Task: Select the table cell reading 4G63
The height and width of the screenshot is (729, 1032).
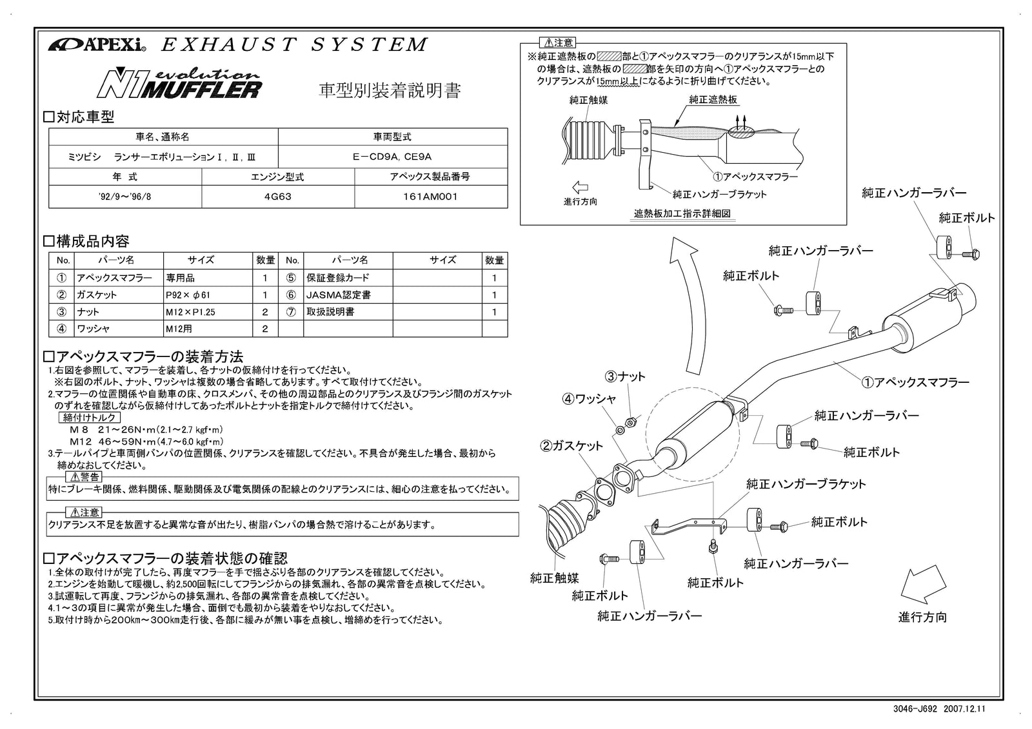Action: pos(278,197)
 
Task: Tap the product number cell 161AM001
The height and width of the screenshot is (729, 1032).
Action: pos(430,197)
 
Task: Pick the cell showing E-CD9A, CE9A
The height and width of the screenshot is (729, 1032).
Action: pos(392,157)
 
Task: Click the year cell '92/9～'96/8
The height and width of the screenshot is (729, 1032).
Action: pos(125,197)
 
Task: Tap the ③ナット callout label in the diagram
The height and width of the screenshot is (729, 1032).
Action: pos(624,376)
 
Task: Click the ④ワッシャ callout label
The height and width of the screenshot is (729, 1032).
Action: pos(590,399)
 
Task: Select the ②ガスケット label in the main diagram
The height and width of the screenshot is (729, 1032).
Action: pos(571,445)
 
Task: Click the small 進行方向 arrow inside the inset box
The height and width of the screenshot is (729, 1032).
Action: pos(580,188)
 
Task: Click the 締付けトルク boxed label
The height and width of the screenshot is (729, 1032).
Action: pos(90,418)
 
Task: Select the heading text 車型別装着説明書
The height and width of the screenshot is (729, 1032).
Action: pos(390,90)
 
